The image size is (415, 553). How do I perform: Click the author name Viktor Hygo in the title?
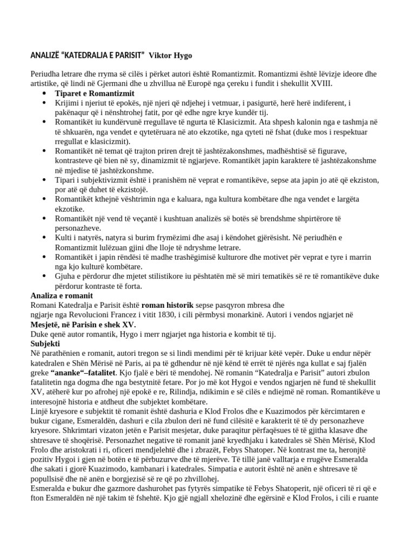tap(170, 56)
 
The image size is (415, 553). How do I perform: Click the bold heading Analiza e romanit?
tap(62, 296)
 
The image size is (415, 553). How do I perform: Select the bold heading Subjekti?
tap(45, 344)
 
